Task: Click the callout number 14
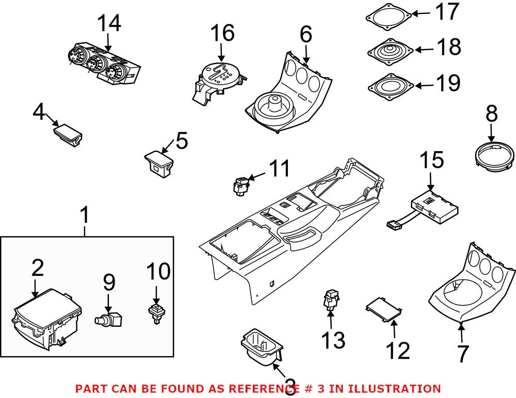tap(109, 23)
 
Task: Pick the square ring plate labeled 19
tap(391, 86)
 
